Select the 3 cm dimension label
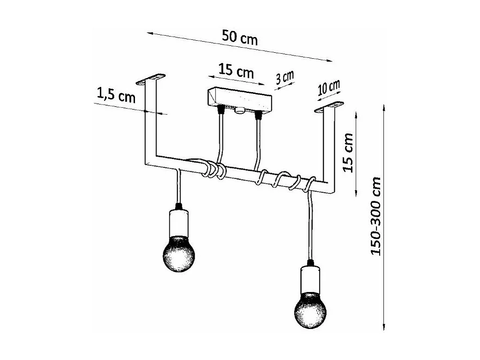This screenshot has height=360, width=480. [x=285, y=77]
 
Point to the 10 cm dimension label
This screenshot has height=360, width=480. [x=329, y=87]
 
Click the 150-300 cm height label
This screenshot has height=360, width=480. [x=375, y=216]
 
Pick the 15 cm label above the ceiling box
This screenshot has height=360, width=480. [x=236, y=71]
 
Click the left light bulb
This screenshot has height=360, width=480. [x=179, y=253]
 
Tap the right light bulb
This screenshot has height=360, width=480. [x=310, y=309]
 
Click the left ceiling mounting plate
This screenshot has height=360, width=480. [x=151, y=79]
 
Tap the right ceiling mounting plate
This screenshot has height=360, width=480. [x=329, y=107]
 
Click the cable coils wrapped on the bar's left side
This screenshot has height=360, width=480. [x=213, y=169]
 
